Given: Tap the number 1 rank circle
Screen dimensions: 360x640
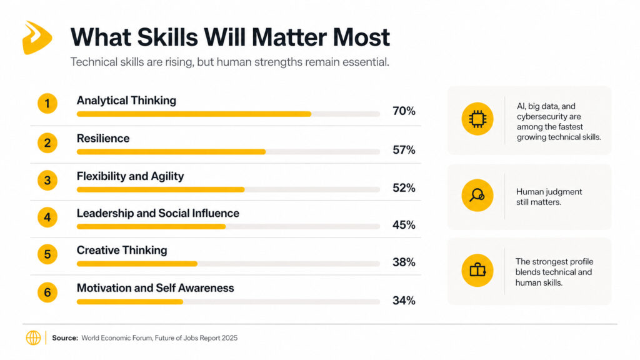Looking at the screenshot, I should [x=47, y=104].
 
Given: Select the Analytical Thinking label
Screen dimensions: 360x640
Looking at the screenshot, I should [x=126, y=101].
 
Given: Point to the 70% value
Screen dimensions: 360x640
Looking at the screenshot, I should [x=404, y=111].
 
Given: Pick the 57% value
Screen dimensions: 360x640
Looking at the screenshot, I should [x=404, y=150].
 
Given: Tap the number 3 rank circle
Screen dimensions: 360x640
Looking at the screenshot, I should [x=47, y=181].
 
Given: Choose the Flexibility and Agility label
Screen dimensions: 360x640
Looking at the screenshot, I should [x=130, y=176].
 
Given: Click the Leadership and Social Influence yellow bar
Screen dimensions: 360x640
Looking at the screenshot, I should [x=151, y=226].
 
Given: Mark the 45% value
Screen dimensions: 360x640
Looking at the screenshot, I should [x=404, y=225].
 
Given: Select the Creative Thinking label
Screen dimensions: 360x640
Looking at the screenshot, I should [x=122, y=251].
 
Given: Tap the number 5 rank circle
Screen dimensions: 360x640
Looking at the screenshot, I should [x=47, y=254].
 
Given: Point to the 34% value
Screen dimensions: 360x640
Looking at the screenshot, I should [x=404, y=301].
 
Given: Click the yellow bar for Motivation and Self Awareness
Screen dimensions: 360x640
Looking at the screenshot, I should [x=129, y=302].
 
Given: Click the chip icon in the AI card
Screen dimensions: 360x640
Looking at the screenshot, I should [x=477, y=119].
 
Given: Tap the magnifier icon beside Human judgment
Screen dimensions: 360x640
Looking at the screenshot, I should [x=477, y=195].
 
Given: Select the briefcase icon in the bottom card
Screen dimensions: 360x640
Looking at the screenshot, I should [x=477, y=270].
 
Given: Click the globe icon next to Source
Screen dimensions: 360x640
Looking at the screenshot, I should [x=33, y=338].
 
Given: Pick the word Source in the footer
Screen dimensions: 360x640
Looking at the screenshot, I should [x=64, y=338].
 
